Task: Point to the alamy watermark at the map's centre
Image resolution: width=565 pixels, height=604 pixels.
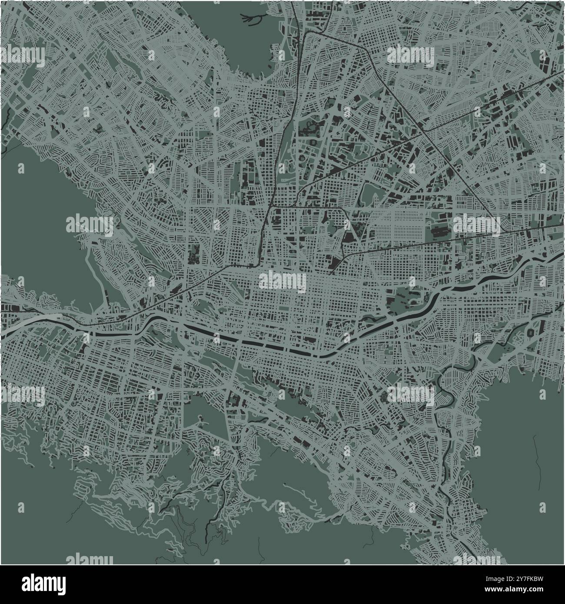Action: pyautogui.click(x=282, y=280)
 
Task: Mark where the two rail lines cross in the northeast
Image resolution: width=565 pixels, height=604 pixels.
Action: pyautogui.click(x=423, y=132)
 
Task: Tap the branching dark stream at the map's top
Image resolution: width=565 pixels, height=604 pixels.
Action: pyautogui.click(x=254, y=18)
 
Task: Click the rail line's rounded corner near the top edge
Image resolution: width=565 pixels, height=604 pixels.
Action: pyautogui.click(x=306, y=34)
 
